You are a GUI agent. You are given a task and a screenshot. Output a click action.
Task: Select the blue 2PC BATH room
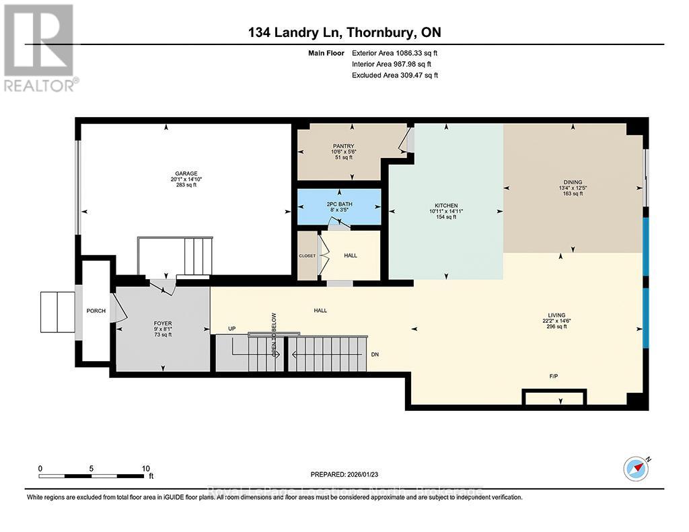[340, 206]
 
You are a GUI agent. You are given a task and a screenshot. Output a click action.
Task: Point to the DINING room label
[573, 181]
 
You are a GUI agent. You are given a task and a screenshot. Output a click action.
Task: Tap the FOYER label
[163, 324]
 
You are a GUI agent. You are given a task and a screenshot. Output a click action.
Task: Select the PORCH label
[96, 311]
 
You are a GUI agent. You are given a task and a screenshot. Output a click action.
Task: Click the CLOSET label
[307, 256]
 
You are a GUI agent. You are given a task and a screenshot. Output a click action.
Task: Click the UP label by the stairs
[231, 329]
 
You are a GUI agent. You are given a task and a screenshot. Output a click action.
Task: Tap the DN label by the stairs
[375, 354]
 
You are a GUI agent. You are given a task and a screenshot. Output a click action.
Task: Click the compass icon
[636, 467]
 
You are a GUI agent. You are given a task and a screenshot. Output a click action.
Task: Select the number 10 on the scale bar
[145, 468]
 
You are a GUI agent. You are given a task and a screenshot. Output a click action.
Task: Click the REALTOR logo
[40, 47]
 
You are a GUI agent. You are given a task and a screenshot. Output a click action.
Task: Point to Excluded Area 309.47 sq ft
[395, 75]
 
